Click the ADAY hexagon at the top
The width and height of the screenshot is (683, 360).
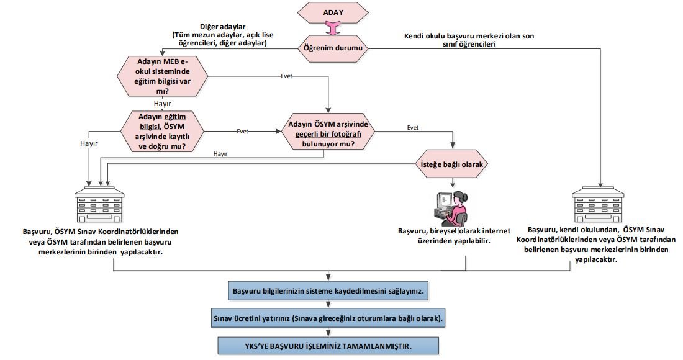tap(333, 12)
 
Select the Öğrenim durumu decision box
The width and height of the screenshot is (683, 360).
tap(333, 47)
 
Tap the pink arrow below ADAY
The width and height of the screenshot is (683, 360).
tap(333, 29)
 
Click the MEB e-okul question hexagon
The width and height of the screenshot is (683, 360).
tap(162, 76)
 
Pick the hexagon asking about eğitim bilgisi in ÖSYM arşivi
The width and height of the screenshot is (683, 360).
tap(162, 132)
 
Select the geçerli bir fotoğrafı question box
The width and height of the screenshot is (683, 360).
tap(328, 133)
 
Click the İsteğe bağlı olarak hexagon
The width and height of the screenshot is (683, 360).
tap(452, 164)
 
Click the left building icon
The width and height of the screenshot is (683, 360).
tap(99, 205)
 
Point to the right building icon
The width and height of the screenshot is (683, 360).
tap(598, 205)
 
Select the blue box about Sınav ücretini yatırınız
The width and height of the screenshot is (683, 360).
tap(328, 318)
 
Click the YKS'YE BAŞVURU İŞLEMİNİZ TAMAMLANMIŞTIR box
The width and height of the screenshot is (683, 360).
tap(328, 346)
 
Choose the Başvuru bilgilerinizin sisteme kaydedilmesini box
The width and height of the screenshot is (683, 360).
tap(328, 290)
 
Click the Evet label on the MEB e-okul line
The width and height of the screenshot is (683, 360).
tap(286, 76)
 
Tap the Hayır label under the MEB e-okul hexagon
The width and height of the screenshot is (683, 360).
tap(163, 104)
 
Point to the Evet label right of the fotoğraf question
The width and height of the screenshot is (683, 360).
tap(412, 127)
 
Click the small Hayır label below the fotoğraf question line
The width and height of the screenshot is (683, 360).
tap(220, 154)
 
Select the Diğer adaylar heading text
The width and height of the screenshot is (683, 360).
tap(222, 27)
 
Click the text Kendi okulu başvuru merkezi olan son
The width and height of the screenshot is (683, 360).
tap(469, 36)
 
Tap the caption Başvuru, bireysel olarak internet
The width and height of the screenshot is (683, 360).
tap(454, 231)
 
